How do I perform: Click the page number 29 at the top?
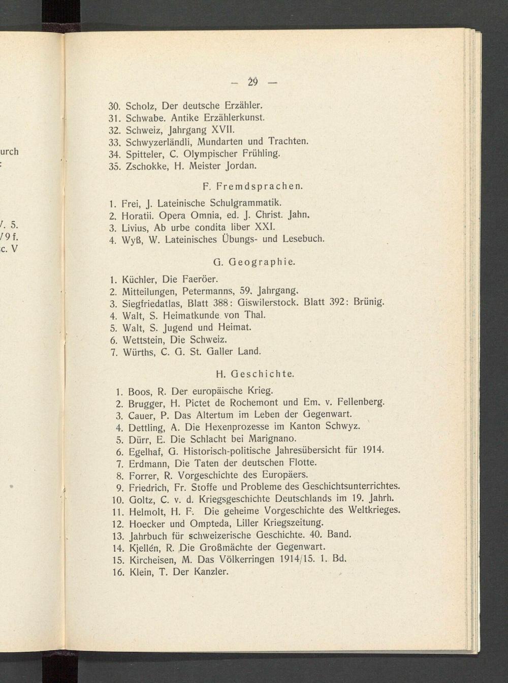coord(253,82)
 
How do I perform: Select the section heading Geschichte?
coord(262,374)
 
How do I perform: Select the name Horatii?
coord(139,214)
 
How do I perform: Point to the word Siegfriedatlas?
coord(152,304)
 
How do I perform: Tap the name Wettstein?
coord(142,339)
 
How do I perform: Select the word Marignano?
coord(273,438)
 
